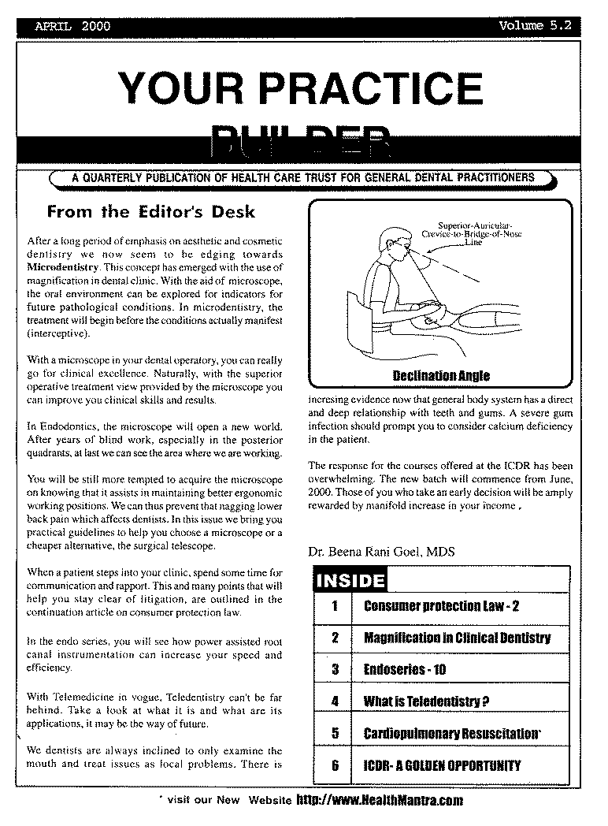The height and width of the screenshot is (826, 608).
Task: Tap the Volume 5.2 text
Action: coord(535,26)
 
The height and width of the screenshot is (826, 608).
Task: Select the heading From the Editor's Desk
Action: coord(151,212)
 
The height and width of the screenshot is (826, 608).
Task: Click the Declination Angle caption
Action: coord(441,375)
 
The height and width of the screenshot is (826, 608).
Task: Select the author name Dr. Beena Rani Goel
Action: coord(382,553)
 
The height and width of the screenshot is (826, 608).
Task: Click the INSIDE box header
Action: coord(350,582)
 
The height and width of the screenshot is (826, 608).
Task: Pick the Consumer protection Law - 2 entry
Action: coord(441,606)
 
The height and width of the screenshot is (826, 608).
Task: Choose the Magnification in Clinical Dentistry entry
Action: coord(457,638)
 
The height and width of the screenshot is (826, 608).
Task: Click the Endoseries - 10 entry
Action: coord(405,670)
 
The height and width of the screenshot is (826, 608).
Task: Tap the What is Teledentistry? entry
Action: coord(426,701)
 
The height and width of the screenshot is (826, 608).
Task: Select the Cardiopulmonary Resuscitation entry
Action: coord(452,734)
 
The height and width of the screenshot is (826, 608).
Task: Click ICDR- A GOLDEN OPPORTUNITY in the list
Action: coord(442,765)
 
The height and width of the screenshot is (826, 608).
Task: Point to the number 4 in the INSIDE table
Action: coord(335,701)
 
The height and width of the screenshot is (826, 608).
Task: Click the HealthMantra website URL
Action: coord(379,800)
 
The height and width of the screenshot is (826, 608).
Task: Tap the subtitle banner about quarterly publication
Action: coord(303,178)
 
